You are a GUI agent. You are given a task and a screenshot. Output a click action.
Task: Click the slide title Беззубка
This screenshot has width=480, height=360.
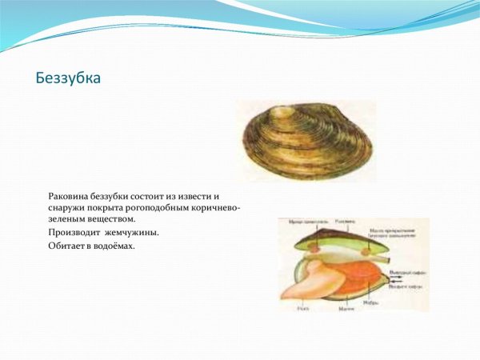click(x=69, y=79)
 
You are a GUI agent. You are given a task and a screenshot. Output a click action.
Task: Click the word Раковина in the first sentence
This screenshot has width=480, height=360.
click(x=70, y=196)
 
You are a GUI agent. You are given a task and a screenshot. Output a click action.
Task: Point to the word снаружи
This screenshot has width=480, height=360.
click(x=68, y=207)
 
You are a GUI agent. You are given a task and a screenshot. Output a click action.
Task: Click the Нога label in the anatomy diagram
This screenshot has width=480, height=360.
click(x=302, y=306)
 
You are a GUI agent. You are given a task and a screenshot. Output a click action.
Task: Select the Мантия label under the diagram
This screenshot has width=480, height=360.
click(x=346, y=306)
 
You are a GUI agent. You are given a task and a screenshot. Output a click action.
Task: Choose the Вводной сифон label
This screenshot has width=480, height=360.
click(x=404, y=283)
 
